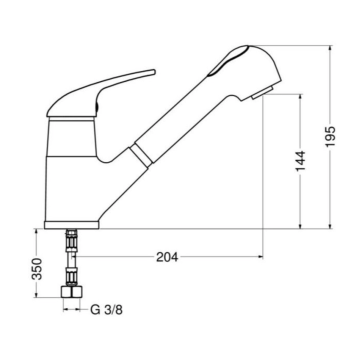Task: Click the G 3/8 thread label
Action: coord(107,310)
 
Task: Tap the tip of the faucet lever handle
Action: coord(152,72)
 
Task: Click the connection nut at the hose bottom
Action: coord(73,292)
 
